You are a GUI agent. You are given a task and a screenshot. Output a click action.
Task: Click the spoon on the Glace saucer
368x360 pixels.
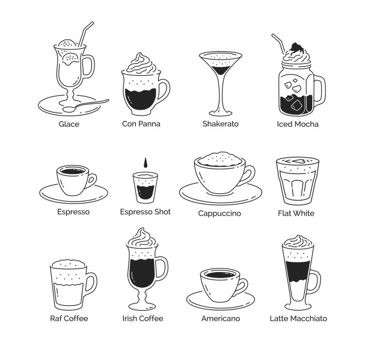[x=85, y=105]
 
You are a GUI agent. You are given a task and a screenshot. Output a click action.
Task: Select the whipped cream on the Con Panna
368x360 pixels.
[x=141, y=63]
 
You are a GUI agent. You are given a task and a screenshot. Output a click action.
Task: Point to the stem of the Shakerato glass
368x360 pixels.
[x=221, y=94]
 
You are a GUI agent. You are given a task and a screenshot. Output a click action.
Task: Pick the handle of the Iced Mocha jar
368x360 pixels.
[x=320, y=90]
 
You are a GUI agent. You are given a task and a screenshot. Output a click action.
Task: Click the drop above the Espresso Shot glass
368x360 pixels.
[x=146, y=163]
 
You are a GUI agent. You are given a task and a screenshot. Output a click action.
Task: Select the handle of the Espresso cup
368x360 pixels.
[x=92, y=181]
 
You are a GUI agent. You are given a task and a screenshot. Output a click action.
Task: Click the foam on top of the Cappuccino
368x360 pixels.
[x=219, y=159]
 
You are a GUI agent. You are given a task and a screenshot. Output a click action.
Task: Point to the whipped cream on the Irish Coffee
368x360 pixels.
[x=143, y=238]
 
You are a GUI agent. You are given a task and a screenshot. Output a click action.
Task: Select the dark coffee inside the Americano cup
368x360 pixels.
[x=220, y=275]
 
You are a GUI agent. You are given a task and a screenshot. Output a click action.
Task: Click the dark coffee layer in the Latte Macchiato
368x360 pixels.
[x=298, y=271]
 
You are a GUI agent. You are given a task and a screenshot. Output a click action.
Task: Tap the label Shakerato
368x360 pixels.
[x=221, y=124]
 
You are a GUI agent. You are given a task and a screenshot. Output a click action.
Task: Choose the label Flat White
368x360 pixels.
[x=296, y=213]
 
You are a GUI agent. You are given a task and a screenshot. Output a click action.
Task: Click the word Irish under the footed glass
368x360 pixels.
[x=129, y=318]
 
